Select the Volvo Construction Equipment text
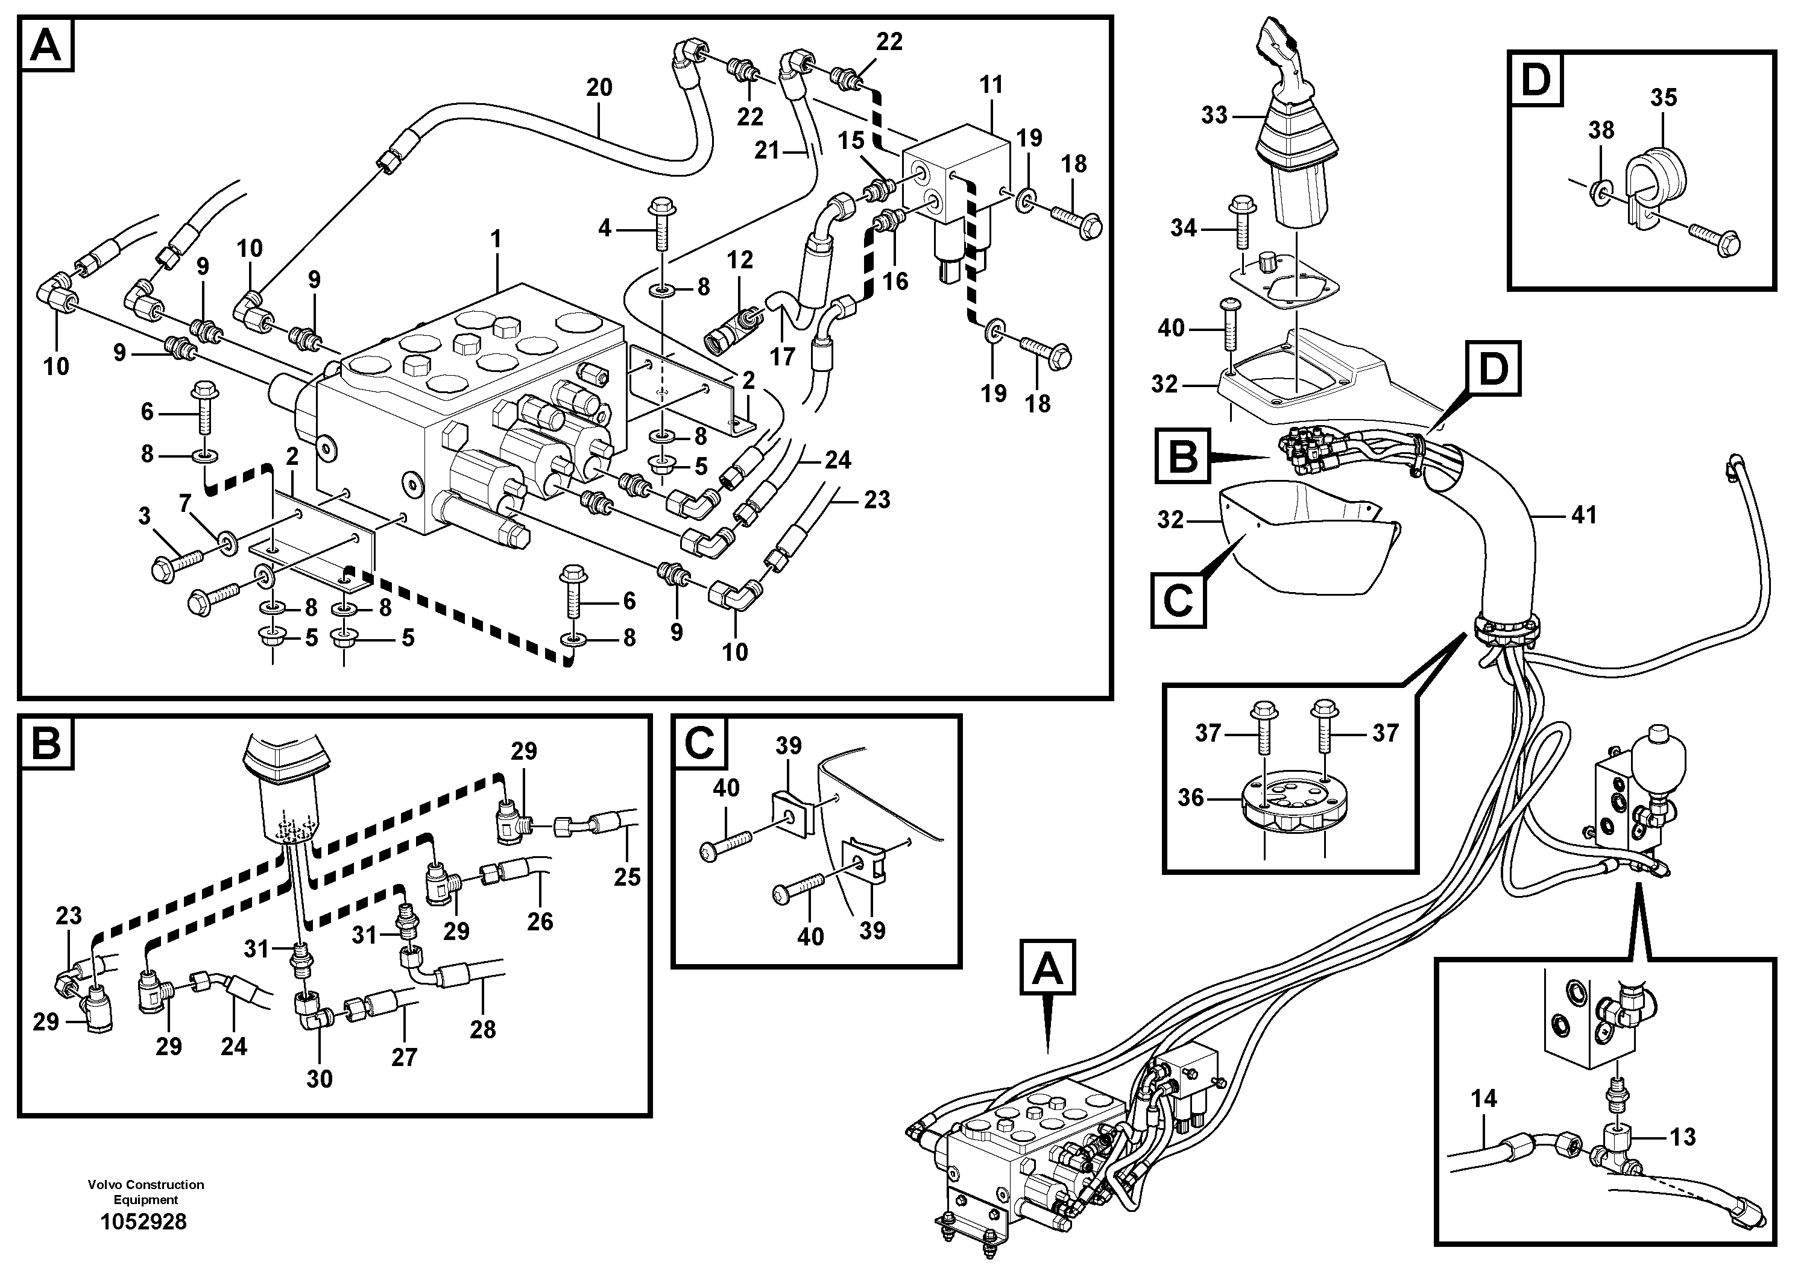coord(145,1192)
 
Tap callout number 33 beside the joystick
coord(1214,116)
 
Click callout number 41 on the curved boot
coord(1583,515)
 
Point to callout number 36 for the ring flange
coord(1191,798)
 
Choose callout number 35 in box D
coord(1664,98)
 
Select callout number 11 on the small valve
coord(991,84)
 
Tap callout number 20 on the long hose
coord(599,87)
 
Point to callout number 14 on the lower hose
coord(1483,1099)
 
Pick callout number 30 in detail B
coord(319,1078)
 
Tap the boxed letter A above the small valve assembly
coord(1047,970)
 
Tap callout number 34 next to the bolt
coord(1183,229)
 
